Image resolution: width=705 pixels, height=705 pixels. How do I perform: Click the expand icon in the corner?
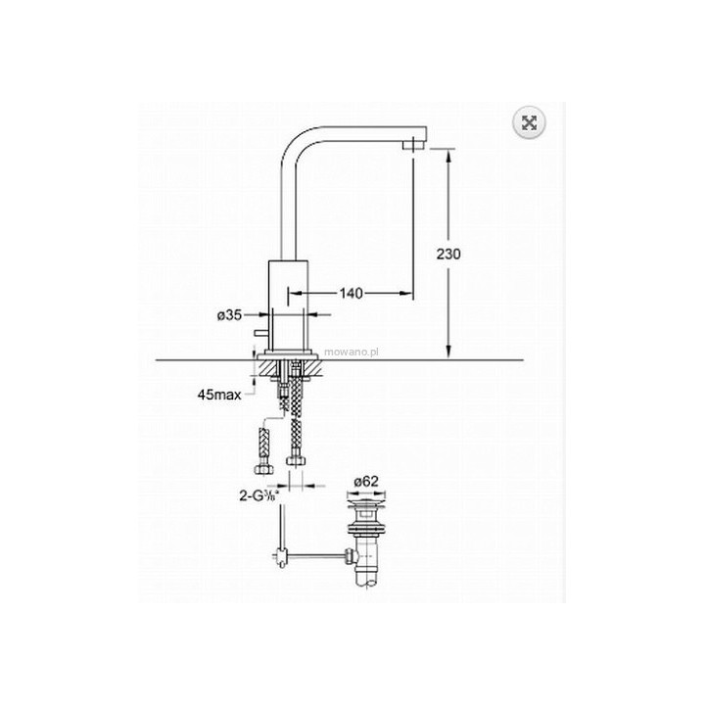[529, 122]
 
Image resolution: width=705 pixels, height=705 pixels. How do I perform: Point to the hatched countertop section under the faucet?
[261, 370]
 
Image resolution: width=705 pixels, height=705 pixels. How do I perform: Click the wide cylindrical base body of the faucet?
[291, 304]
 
